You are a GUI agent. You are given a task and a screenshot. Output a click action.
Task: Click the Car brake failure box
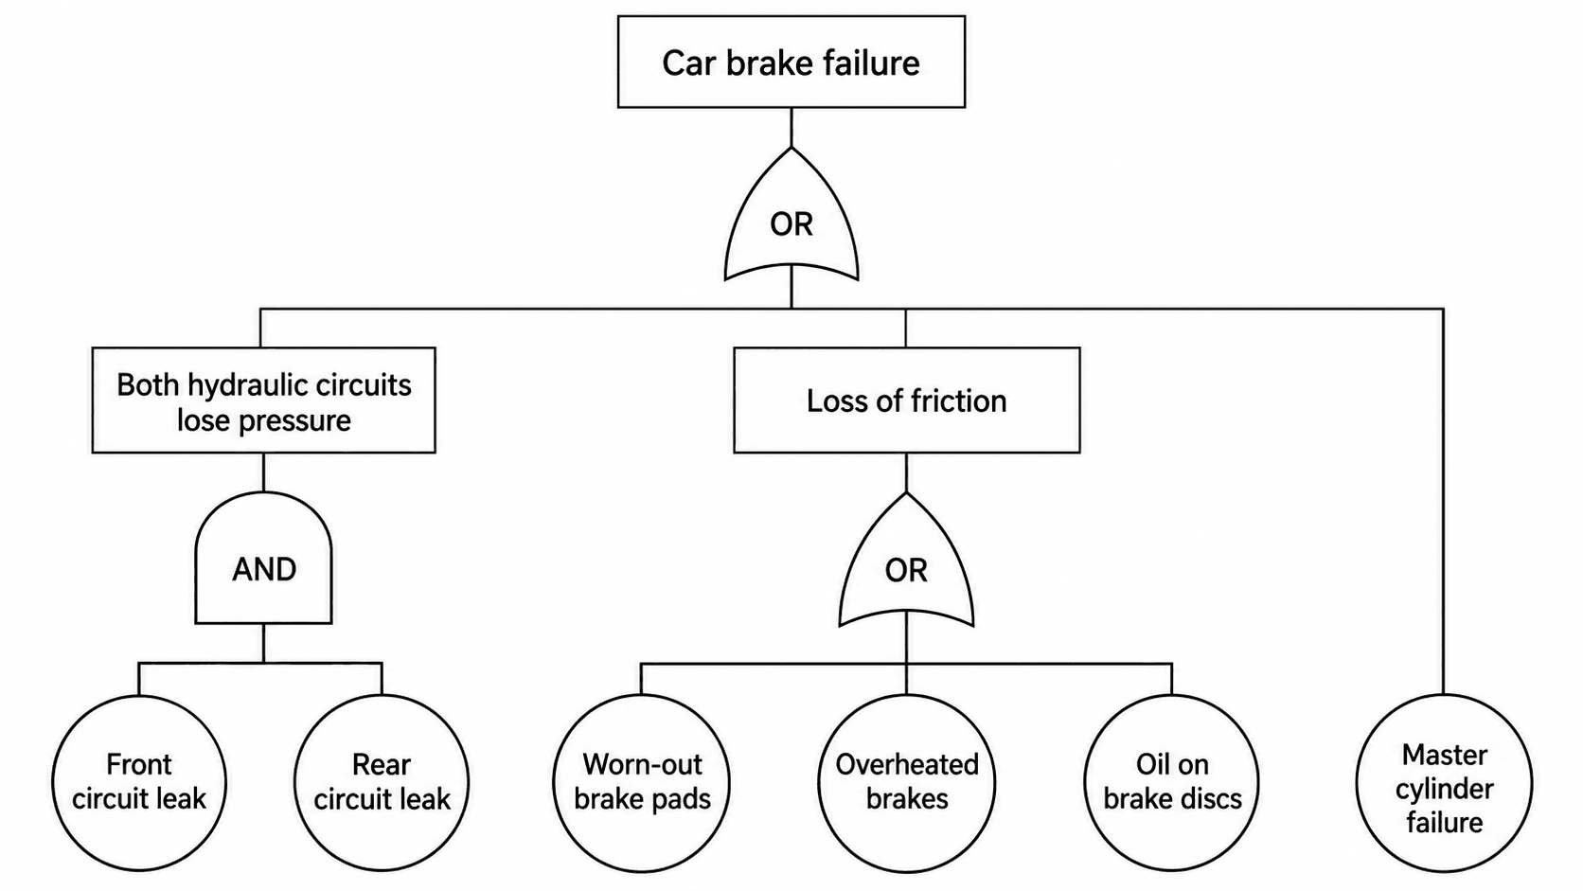click(x=791, y=62)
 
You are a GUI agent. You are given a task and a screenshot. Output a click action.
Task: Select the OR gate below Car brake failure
click(x=791, y=219)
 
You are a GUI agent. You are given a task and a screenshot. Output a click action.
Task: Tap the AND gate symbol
click(x=263, y=559)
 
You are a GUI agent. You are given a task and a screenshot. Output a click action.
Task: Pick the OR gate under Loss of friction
click(x=907, y=565)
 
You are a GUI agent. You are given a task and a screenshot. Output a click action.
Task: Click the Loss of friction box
click(x=907, y=400)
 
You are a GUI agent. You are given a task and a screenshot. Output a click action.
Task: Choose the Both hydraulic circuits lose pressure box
click(x=263, y=400)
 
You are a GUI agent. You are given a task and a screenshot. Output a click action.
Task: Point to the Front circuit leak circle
click(x=139, y=782)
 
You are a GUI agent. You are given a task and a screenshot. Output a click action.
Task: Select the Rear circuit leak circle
click(x=382, y=782)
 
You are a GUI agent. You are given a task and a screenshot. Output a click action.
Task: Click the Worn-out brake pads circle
click(x=642, y=782)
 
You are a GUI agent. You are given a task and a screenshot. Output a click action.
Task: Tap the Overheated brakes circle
click(x=907, y=782)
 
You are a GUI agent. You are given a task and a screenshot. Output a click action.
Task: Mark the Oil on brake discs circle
click(x=1172, y=782)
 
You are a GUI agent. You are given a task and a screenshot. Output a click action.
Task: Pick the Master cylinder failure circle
click(x=1444, y=782)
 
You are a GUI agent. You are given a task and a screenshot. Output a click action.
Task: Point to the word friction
click(x=958, y=401)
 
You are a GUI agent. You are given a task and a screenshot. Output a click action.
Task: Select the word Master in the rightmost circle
click(x=1445, y=755)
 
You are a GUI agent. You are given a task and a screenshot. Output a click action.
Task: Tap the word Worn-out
click(x=643, y=764)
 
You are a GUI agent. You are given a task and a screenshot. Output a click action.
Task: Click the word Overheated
click(x=907, y=764)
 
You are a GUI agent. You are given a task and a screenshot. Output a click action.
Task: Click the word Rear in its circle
click(x=382, y=764)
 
